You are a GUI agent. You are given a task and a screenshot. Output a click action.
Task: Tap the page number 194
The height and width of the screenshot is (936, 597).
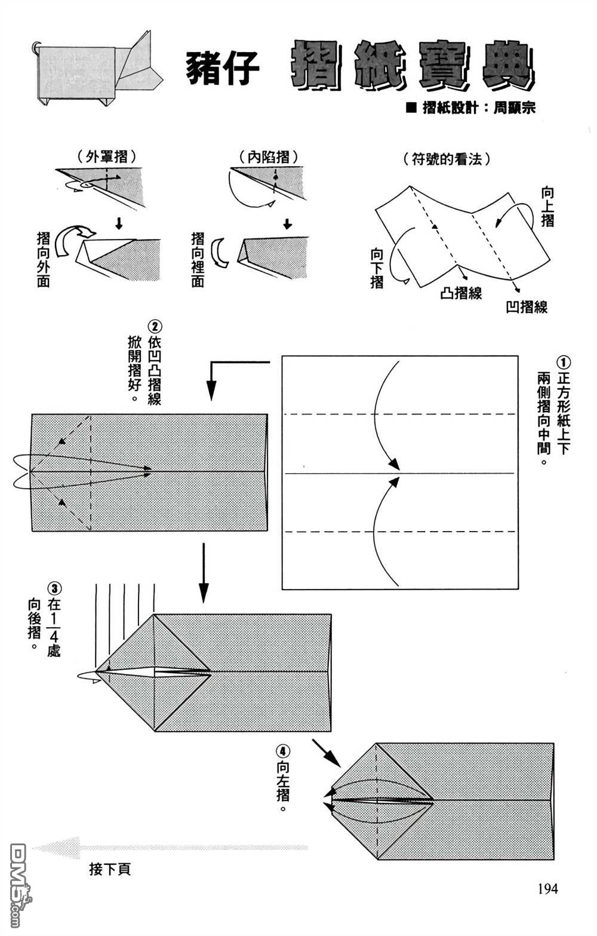(547, 889)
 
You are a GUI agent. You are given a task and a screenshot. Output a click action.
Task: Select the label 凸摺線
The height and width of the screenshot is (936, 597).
(461, 293)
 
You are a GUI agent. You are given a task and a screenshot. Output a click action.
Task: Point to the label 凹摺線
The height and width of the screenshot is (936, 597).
(527, 307)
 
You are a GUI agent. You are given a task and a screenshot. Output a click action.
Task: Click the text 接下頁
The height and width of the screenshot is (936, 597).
(110, 869)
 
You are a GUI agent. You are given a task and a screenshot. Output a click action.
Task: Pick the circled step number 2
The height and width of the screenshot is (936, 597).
(155, 327)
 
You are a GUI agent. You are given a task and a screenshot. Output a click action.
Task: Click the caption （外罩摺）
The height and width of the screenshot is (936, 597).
(107, 156)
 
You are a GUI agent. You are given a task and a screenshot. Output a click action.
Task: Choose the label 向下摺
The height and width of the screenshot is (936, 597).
(377, 268)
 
